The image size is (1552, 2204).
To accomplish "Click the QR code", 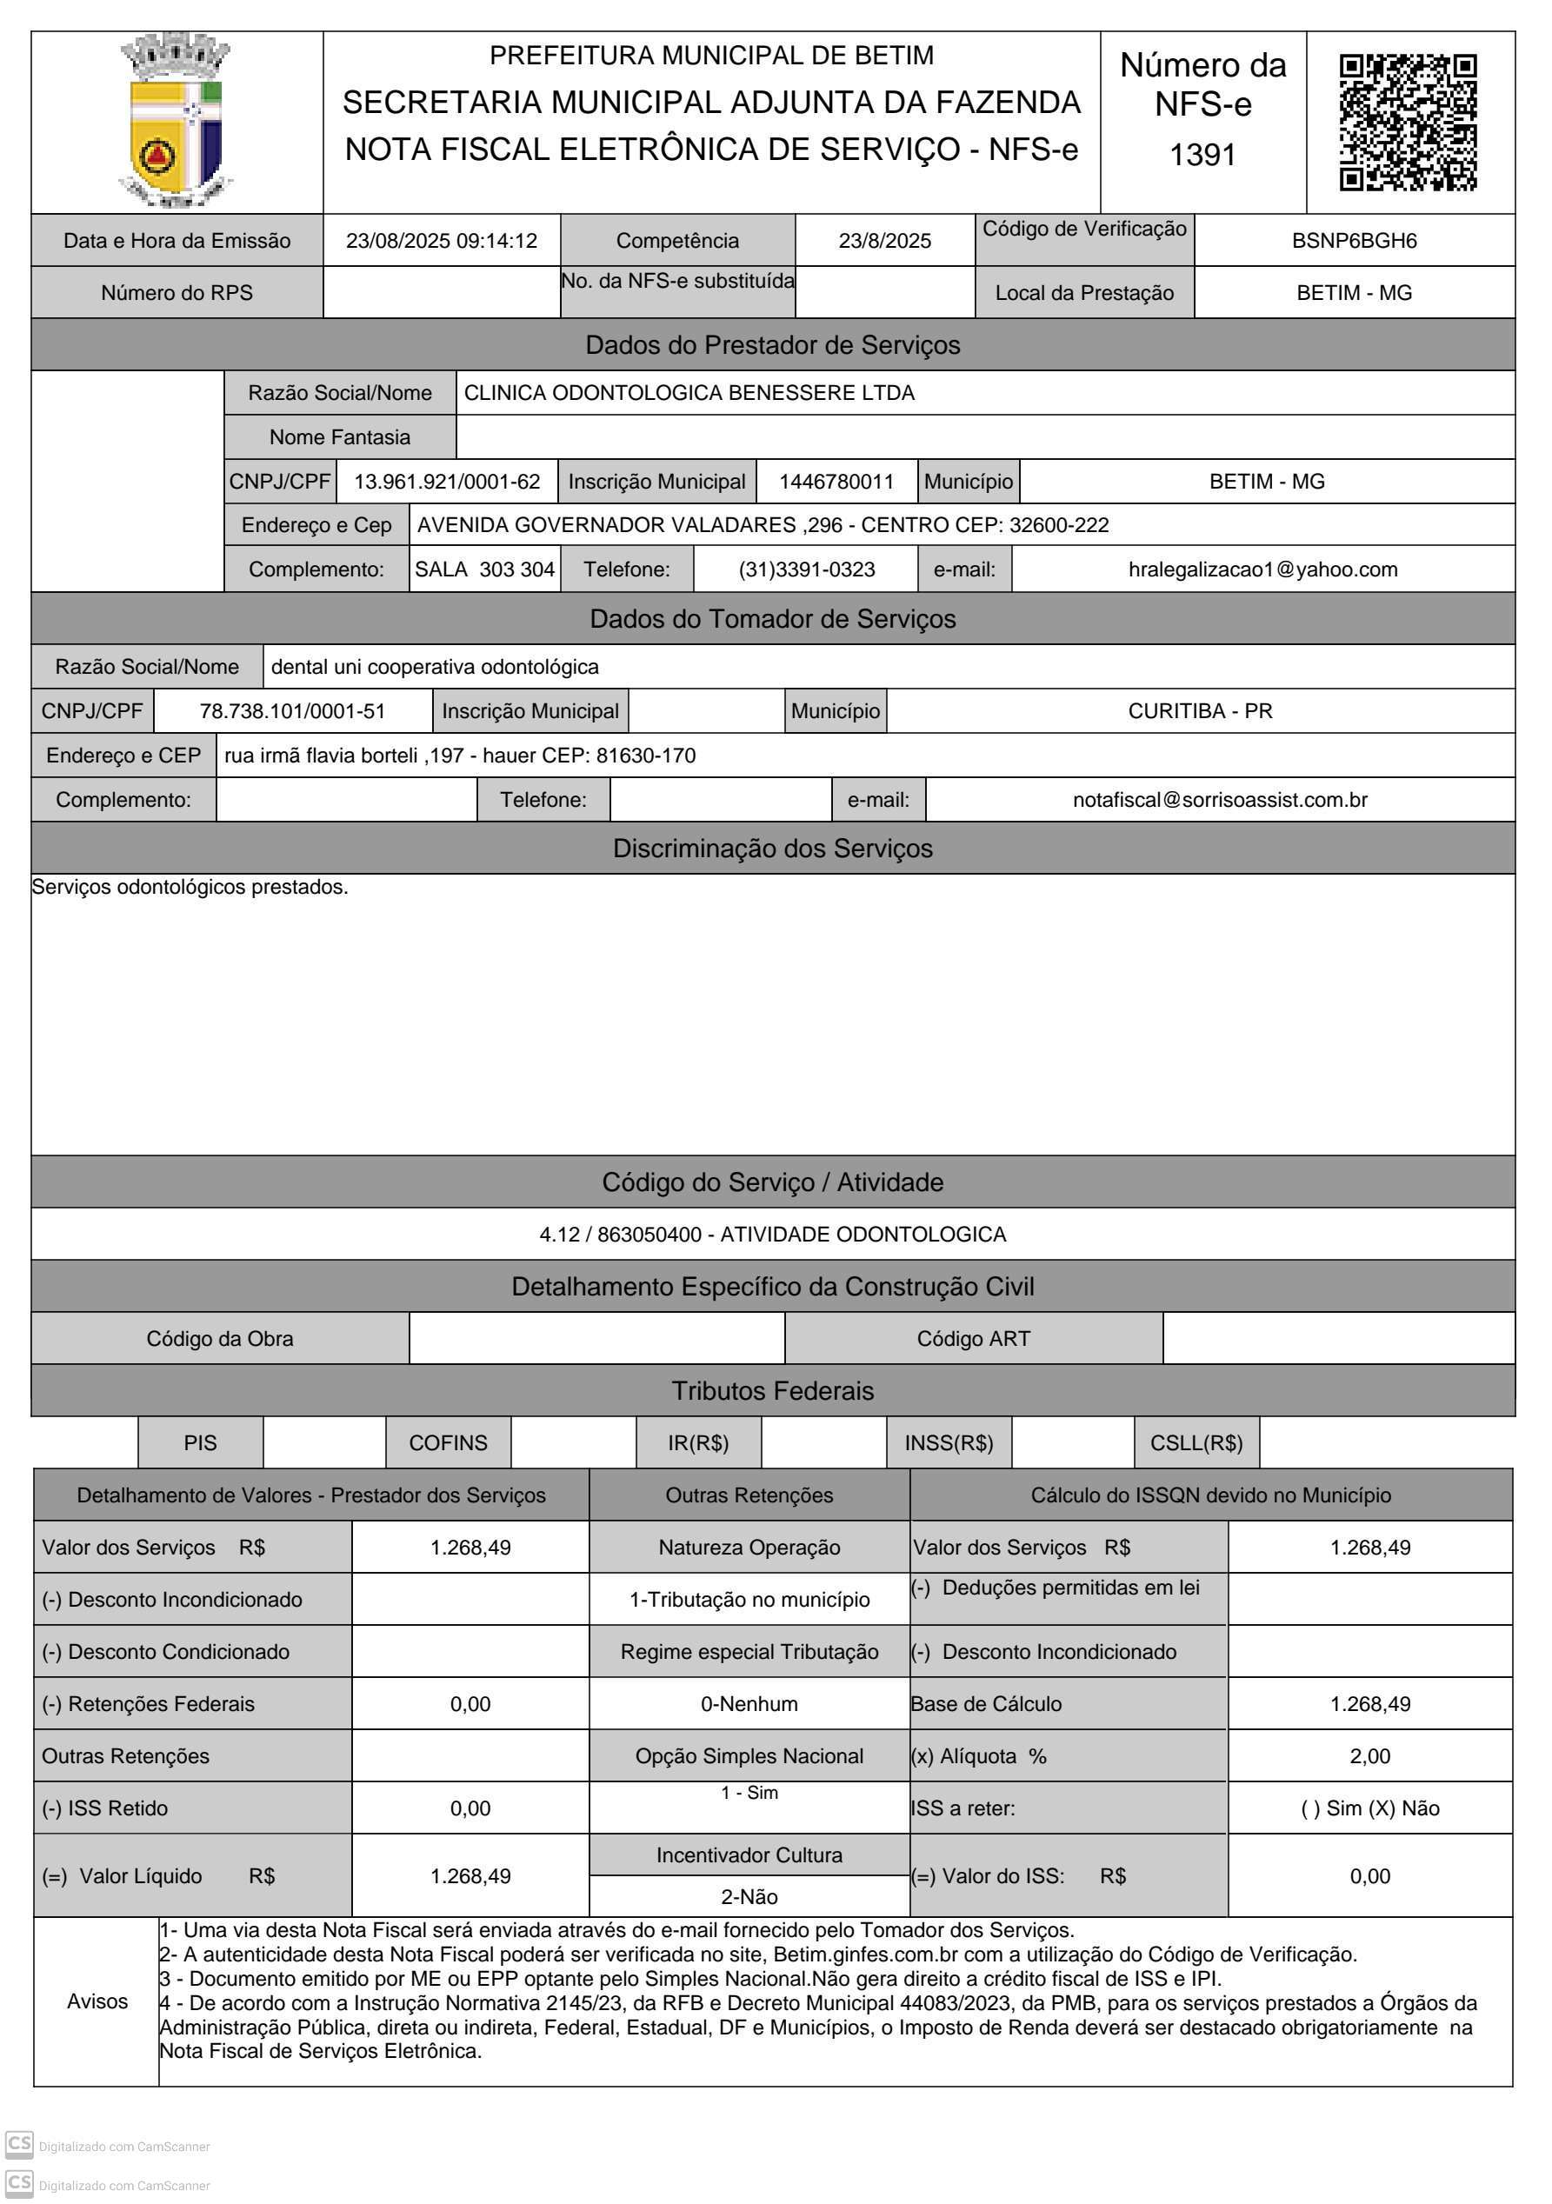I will pos(1408,123).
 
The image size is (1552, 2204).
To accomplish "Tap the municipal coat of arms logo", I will pos(177,121).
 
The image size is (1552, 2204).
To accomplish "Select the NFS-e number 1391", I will pos(1202,155).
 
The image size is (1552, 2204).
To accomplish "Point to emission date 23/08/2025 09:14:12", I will pos(442,241).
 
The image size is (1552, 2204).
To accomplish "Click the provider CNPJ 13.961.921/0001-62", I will pos(447,482).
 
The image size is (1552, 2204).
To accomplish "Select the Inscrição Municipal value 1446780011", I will pos(836,482).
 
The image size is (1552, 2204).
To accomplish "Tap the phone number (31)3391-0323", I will pos(806,570).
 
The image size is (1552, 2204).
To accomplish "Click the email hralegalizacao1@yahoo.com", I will pos(1262,570).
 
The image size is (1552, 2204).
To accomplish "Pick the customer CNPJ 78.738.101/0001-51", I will pos(292,711).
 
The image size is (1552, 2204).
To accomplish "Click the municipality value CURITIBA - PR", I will pos(1200,711).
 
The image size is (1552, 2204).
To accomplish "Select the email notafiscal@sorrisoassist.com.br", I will pos(1219,800).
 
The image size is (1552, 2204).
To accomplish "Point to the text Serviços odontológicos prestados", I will pos(190,887).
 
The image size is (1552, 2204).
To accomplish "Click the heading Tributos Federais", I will pos(773,1391).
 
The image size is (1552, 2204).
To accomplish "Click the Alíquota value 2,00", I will pos(1369,1755).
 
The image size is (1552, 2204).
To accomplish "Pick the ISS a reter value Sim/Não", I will pos(1369,1808).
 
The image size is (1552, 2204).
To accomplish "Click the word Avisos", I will pos(97,2001).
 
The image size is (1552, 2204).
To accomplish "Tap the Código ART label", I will pos(973,1339).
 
